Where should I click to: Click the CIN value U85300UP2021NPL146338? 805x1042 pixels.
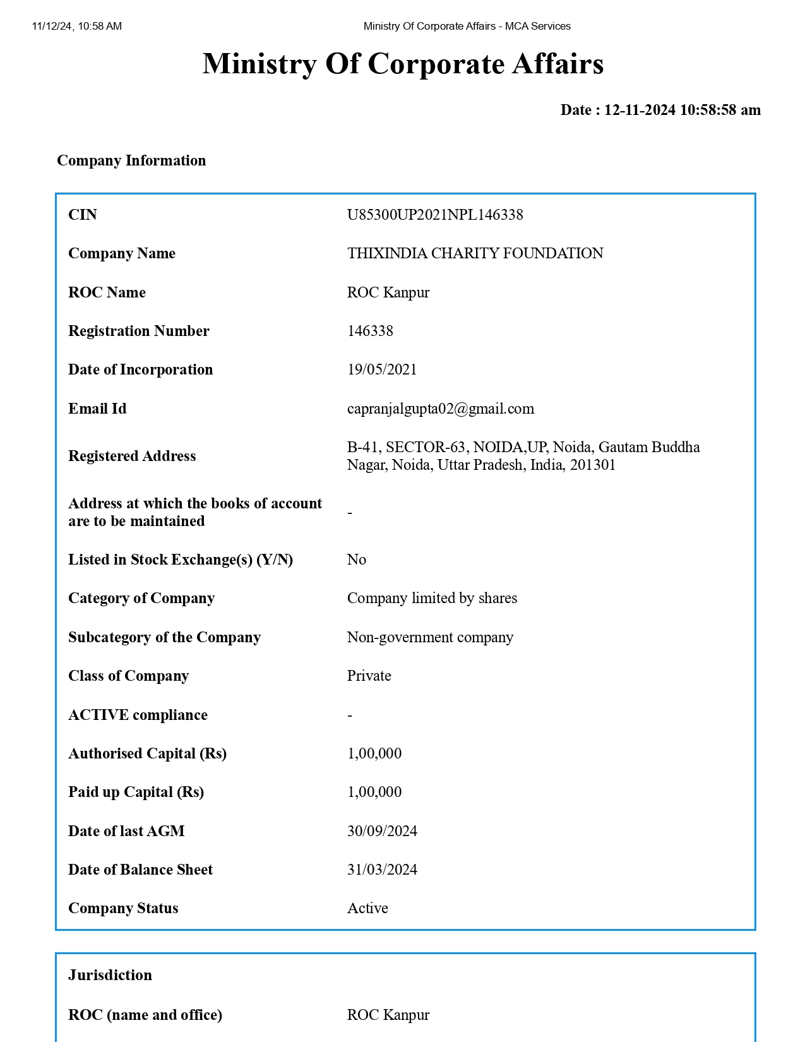click(435, 215)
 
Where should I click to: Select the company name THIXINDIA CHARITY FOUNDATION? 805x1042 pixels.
click(475, 253)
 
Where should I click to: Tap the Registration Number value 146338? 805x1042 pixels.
click(370, 331)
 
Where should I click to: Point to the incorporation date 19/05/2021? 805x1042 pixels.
click(382, 369)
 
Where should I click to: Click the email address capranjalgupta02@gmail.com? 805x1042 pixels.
click(440, 409)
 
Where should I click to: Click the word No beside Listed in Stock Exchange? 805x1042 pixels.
click(356, 560)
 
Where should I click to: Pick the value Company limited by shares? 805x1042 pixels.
click(432, 598)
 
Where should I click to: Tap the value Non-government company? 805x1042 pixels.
click(430, 637)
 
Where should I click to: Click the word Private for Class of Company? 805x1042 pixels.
click(369, 676)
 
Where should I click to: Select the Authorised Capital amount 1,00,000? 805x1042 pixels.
click(374, 753)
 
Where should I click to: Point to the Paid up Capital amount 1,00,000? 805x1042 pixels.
click(374, 792)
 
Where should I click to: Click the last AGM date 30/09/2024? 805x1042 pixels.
click(382, 831)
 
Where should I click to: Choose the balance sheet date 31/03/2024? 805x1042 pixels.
click(382, 870)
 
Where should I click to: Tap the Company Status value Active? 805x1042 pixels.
click(367, 908)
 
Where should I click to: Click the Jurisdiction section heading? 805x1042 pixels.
click(110, 975)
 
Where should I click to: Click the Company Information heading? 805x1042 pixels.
click(131, 160)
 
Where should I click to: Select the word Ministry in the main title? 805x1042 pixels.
click(259, 64)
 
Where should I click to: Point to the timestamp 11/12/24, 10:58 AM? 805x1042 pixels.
click(76, 26)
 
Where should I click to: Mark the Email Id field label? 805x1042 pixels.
click(97, 409)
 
